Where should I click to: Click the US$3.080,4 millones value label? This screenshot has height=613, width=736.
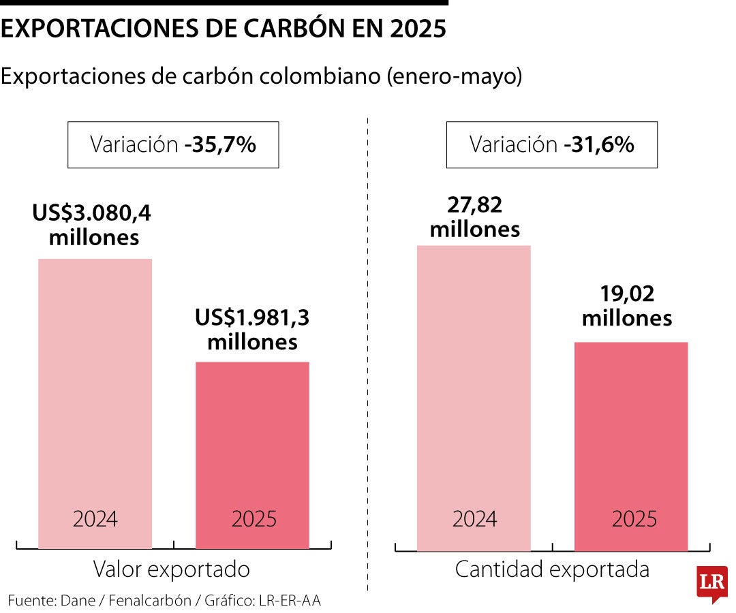pos(92,225)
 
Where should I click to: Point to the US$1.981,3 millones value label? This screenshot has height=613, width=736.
pos(253,330)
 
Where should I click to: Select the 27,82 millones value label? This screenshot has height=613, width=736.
pos(474,217)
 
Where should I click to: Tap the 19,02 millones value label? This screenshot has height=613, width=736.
pos(627,306)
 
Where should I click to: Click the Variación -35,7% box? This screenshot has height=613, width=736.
pos(173,144)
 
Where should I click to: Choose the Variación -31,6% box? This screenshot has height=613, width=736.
pos(551,144)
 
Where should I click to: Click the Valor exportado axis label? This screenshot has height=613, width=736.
pos(172,569)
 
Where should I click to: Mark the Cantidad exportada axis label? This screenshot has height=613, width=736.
pos(552,569)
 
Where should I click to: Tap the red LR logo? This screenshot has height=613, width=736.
pos(711,584)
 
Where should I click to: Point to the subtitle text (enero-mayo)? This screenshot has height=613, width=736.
pos(454,76)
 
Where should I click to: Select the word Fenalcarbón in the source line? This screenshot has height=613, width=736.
pos(149,600)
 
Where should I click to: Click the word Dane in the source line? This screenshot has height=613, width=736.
pos(78,600)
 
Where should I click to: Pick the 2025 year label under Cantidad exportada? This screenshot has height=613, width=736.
pos(634,519)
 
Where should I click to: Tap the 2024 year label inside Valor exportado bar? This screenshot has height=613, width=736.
pos(95,519)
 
